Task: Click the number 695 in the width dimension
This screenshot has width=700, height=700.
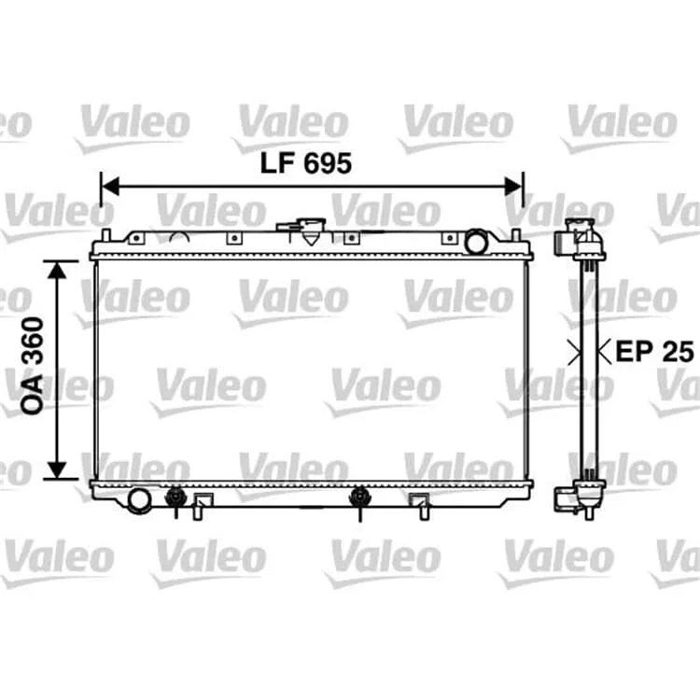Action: click(328, 163)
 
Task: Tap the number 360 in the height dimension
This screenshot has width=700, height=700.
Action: click(33, 340)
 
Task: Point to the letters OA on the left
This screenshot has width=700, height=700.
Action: click(33, 393)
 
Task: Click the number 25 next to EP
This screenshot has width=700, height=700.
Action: click(678, 351)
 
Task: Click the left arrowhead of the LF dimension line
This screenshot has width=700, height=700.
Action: click(110, 186)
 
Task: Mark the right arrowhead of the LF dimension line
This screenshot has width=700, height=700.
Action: click(513, 186)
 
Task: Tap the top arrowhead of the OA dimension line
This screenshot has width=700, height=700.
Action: click(57, 270)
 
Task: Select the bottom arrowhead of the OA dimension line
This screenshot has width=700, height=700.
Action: click(57, 469)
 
